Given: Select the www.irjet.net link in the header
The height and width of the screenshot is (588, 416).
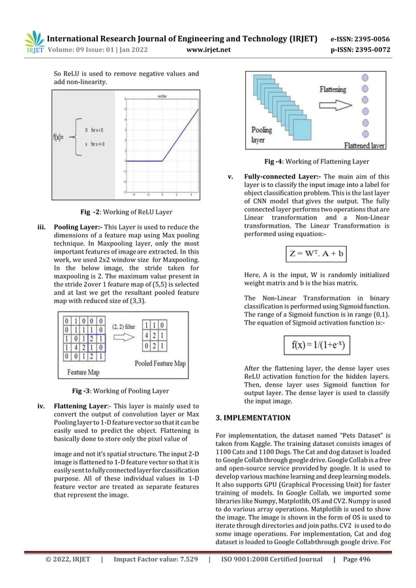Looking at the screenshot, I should tap(206, 48).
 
